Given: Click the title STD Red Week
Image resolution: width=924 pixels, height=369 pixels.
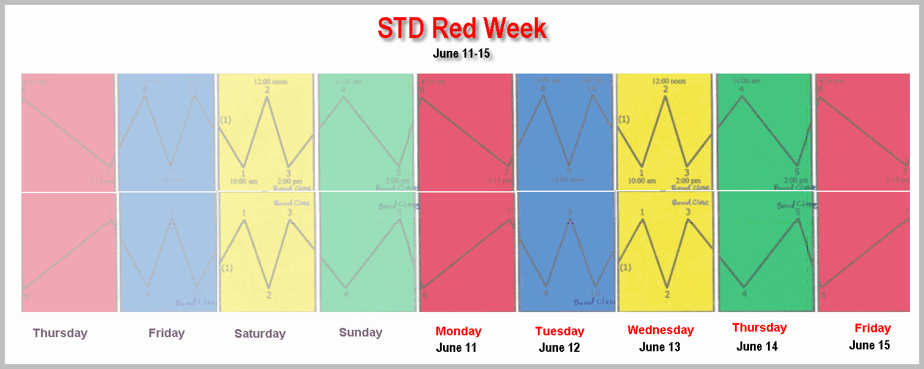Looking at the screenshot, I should point(462,28).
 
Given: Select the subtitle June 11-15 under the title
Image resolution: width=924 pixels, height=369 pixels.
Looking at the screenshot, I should point(461,53).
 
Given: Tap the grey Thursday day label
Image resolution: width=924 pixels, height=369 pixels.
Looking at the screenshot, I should point(60,333).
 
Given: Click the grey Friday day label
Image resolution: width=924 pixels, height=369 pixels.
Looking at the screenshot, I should point(166,333).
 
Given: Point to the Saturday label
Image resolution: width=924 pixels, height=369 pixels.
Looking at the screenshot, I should point(260,333).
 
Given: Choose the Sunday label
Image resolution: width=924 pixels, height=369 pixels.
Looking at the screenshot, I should point(360,332).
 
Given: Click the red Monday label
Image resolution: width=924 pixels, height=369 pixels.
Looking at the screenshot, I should point(458,331).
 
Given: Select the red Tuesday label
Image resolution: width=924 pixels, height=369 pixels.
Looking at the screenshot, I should point(559,331).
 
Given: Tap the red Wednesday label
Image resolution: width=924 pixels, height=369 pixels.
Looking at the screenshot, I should point(660,330).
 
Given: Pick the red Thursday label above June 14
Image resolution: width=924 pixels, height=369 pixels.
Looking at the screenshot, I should point(759,327).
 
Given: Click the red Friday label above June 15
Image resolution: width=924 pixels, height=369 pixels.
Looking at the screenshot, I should point(873,328).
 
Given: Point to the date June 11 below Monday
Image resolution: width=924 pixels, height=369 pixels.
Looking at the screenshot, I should point(456,348).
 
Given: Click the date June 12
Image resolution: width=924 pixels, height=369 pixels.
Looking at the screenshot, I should point(559,348).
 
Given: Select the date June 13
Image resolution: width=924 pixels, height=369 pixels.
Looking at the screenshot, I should point(660,347).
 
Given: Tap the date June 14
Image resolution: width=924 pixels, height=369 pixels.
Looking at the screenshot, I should point(757,346).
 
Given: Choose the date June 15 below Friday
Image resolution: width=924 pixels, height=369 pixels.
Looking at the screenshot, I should point(870,345).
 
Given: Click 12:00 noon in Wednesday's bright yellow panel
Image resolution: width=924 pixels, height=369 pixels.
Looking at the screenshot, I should point(669,81).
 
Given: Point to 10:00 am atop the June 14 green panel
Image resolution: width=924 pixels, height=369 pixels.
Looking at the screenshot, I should point(747,81).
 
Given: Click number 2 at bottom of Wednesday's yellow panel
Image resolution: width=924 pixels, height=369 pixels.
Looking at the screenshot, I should point(667,295).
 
